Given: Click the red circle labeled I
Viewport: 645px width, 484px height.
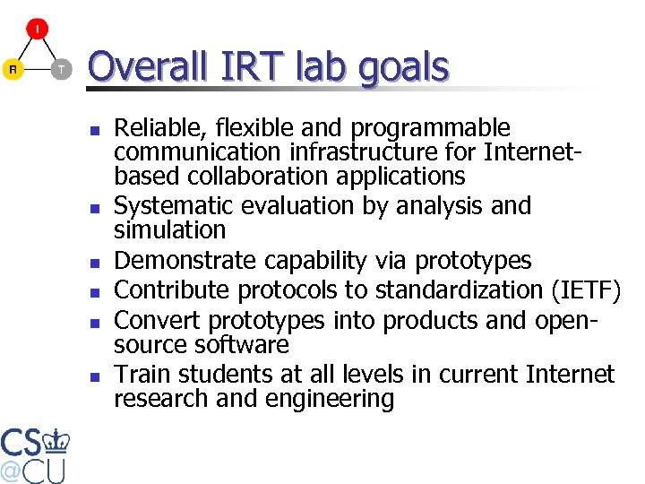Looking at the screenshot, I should [x=37, y=29].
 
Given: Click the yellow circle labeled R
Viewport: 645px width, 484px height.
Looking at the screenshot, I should [x=13, y=69].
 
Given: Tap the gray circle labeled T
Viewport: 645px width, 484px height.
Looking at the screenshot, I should [x=61, y=69].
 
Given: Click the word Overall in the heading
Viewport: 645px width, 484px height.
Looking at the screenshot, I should [x=143, y=67].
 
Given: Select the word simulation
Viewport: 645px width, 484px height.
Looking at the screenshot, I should [x=169, y=230].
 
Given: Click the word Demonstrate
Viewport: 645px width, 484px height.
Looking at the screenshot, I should [x=178, y=261].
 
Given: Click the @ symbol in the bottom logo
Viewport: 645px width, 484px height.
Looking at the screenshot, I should [x=11, y=470].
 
